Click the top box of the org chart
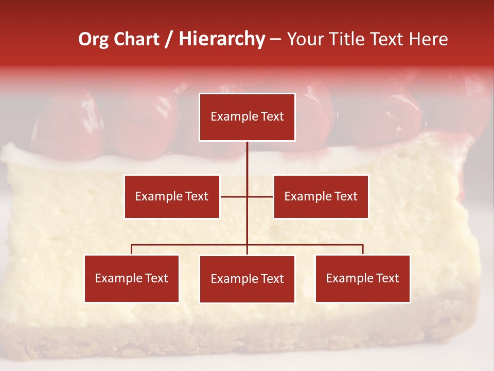pos(247,117)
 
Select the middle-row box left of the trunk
pos(172,196)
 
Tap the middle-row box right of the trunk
pos(321,196)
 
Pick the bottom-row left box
pos(132,279)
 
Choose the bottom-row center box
pos(247,279)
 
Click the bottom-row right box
pos(363,279)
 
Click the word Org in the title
pos(93,39)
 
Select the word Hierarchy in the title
pos(221,39)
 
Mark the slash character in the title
pos(169,39)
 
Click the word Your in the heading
pos(307,39)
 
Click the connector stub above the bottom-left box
pos(132,249)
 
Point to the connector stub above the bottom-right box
pos(363,249)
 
